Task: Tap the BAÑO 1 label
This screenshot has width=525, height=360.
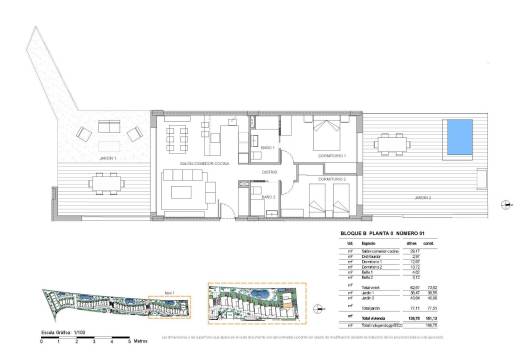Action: (269, 148)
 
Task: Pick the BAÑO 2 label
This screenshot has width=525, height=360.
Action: (269, 197)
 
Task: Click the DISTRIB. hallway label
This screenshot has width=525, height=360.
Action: (270, 172)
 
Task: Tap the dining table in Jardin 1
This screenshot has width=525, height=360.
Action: (105, 182)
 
